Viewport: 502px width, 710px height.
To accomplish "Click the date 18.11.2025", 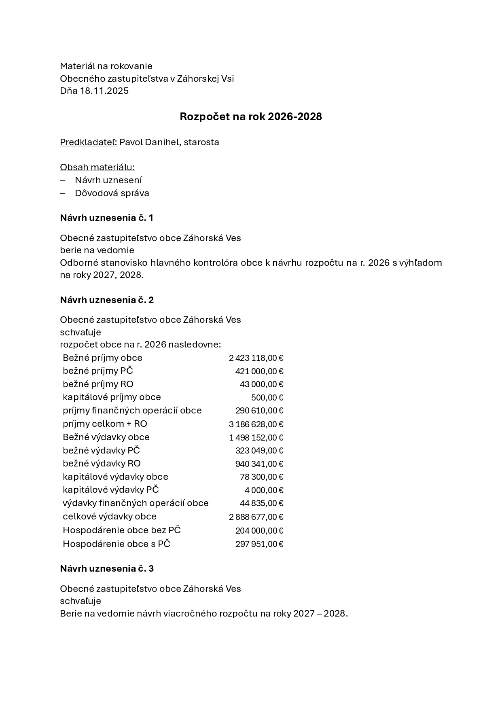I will point(104,91).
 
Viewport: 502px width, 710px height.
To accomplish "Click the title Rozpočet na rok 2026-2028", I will point(251,117).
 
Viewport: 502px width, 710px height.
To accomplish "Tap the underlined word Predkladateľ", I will point(88,142).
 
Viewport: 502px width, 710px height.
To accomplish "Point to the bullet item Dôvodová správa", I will point(112,193).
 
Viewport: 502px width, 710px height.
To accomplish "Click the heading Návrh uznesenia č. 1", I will point(106,218).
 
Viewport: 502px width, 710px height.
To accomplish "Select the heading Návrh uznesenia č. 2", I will point(107,300).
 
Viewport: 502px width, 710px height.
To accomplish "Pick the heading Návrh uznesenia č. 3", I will point(107,568).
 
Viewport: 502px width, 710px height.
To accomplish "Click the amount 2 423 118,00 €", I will point(256,358).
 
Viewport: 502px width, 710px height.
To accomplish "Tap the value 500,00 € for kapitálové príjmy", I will point(267,397).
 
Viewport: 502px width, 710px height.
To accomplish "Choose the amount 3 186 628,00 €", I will point(256,424).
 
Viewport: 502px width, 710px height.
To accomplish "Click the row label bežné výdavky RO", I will point(102,463).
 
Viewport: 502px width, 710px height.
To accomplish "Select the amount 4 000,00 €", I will point(264,490).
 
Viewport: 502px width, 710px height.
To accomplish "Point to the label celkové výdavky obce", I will point(109,516).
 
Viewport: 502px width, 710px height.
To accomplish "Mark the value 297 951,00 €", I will point(259,544).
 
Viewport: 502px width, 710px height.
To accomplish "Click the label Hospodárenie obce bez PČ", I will point(121,530).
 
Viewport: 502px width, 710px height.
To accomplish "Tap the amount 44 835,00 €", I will point(261,503).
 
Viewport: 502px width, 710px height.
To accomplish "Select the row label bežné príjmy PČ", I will point(97,371).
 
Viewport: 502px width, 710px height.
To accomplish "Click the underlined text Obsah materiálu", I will point(97,167).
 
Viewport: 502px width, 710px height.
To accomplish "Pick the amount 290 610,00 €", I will point(259,411).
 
